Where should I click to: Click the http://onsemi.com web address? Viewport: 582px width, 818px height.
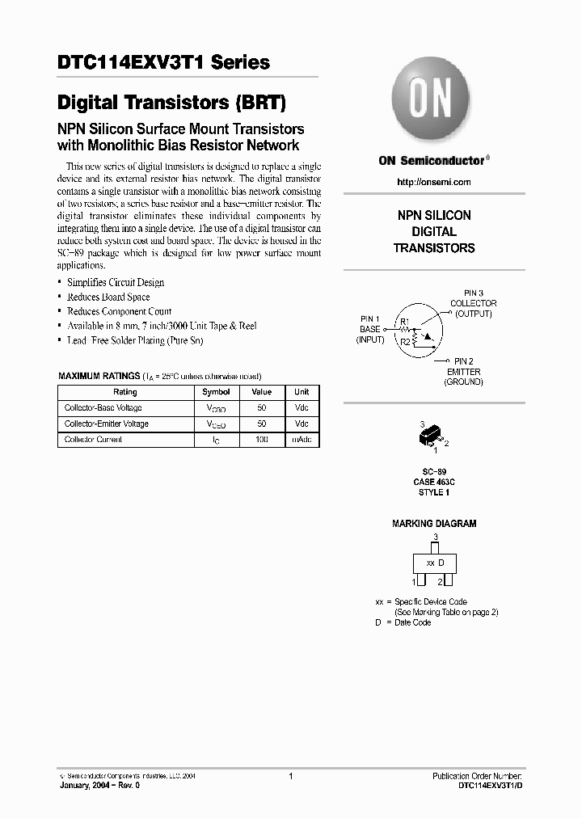(434, 182)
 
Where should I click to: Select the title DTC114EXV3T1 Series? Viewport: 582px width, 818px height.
(163, 63)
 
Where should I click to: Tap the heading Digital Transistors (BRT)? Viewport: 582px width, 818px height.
(171, 103)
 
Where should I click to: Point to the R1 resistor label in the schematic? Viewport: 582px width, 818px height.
(405, 323)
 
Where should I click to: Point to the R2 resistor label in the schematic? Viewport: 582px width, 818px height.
(405, 342)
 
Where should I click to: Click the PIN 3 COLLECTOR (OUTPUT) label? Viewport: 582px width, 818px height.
(473, 303)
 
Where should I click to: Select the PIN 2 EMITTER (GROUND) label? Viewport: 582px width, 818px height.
(463, 371)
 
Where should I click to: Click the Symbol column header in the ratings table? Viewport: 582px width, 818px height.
(216, 392)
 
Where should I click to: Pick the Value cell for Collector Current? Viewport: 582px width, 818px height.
(261, 440)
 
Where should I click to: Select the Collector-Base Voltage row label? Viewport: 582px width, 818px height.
(103, 408)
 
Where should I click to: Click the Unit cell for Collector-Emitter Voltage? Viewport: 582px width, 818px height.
(302, 424)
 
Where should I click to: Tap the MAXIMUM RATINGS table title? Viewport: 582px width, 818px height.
(99, 377)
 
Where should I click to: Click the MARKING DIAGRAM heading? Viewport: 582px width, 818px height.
(434, 524)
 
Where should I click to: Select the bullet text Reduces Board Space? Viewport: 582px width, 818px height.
(108, 297)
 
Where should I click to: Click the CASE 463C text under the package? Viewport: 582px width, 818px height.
(434, 482)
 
